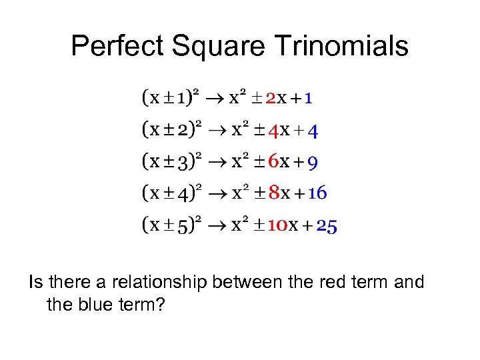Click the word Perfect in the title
pos(117,46)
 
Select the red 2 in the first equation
pos(271,99)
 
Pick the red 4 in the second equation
pos(272,131)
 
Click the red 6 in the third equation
pos(273,162)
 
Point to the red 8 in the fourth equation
pos(273,193)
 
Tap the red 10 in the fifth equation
pos(277,225)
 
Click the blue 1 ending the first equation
pos(309,99)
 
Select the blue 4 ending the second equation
pos(313,131)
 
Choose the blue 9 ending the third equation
pos(313,162)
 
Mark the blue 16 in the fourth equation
pos(317,193)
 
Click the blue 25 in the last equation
pos(327,225)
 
